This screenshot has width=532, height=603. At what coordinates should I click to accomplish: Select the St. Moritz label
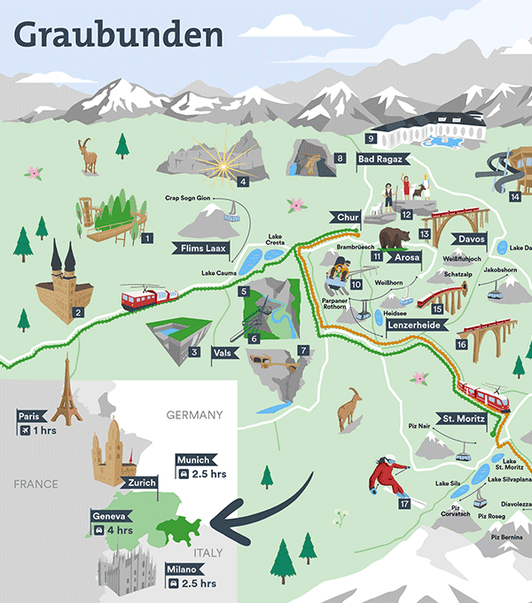[x=462, y=419]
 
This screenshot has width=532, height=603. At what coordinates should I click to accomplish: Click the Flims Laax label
[x=207, y=247]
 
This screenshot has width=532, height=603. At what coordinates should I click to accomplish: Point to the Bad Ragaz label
[x=381, y=160]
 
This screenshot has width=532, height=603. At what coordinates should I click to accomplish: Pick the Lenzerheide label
[x=414, y=325]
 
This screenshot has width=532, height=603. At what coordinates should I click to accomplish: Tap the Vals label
[x=224, y=352]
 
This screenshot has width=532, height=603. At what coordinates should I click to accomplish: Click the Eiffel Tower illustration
[x=66, y=390]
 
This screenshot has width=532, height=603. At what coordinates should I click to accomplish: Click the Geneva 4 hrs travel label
[x=113, y=523]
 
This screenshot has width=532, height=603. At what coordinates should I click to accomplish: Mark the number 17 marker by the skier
[x=404, y=504]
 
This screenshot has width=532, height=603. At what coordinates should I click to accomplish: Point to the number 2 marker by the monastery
[x=78, y=312]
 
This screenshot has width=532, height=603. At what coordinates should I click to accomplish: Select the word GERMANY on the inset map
[x=195, y=414]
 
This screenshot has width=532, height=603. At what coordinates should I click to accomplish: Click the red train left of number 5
[x=150, y=297]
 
